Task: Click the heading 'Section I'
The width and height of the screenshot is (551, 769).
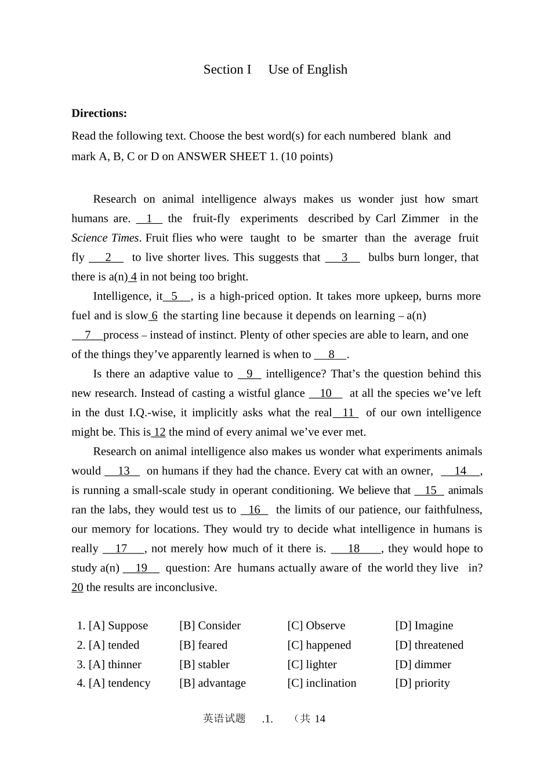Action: [227, 70]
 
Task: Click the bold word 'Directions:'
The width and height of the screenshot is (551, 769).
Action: [99, 113]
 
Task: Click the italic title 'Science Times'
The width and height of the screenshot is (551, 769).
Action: [105, 238]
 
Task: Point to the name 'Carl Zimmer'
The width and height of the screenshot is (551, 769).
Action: [407, 218]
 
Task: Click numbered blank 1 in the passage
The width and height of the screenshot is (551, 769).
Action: [149, 218]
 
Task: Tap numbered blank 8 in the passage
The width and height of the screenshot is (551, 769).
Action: [331, 355]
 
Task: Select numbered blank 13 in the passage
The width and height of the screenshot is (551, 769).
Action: [122, 471]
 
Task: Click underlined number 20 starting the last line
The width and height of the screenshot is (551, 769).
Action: [77, 588]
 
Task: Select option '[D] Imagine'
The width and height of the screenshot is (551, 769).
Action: [424, 626]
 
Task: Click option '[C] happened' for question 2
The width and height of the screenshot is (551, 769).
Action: [319, 645]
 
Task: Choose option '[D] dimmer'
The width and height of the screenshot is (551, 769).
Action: [423, 665]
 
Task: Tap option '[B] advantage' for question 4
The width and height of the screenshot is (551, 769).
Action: [212, 683]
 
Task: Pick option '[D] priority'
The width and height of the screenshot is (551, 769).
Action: [422, 683]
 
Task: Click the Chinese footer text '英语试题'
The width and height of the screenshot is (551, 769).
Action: [224, 719]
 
